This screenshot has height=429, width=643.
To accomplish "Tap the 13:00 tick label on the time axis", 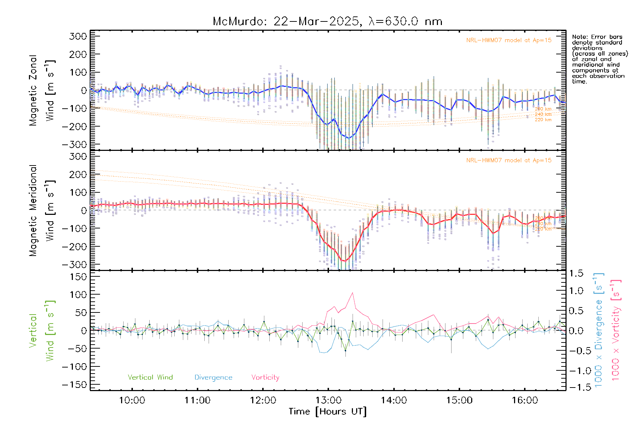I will coord(328,400).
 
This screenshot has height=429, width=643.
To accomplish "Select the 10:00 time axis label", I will coord(132,400).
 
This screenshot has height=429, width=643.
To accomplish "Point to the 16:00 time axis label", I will coord(525,400).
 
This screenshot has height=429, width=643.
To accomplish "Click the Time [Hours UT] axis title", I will coord(328,411).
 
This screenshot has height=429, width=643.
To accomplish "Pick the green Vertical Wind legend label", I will coord(150,377).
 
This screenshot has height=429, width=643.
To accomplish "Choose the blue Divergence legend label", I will coord(213,377).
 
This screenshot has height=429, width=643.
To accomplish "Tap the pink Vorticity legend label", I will coord(265,377).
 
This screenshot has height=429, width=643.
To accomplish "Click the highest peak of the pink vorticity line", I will coord(353,293).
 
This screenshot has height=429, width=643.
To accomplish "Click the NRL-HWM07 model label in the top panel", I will coord(509,40).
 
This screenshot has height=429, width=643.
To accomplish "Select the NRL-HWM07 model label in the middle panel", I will coord(509,161).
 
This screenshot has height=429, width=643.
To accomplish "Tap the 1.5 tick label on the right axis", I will coord(576,273).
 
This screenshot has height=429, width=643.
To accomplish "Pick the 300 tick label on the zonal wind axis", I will coord(78,36).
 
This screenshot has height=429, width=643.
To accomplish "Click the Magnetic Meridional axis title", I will coord(33,211).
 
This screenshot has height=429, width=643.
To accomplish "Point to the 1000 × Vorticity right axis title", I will coord(615,331).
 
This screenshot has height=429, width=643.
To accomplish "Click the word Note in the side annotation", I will coord(580,37).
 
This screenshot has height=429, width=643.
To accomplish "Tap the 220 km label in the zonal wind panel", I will coord(543,120).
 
